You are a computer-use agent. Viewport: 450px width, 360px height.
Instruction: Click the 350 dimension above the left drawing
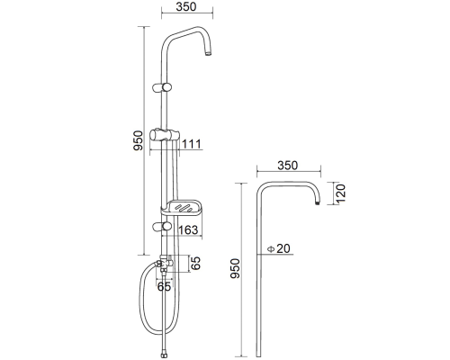tap(186, 6)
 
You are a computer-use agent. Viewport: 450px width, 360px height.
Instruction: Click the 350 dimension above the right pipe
tap(287, 166)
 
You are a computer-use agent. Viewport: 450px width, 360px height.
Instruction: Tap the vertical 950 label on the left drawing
tap(138, 140)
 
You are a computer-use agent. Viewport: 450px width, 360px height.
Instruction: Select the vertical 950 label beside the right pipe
tap(235, 268)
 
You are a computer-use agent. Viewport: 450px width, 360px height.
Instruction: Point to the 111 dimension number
tap(192, 144)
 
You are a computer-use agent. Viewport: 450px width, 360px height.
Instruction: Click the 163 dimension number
tap(188, 229)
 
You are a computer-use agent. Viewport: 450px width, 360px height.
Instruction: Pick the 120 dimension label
tap(340, 193)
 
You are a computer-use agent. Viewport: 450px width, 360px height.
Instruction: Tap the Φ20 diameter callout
tap(279, 248)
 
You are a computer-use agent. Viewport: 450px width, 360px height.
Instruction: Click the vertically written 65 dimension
tap(195, 264)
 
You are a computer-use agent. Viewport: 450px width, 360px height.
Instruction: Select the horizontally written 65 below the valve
tap(164, 287)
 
